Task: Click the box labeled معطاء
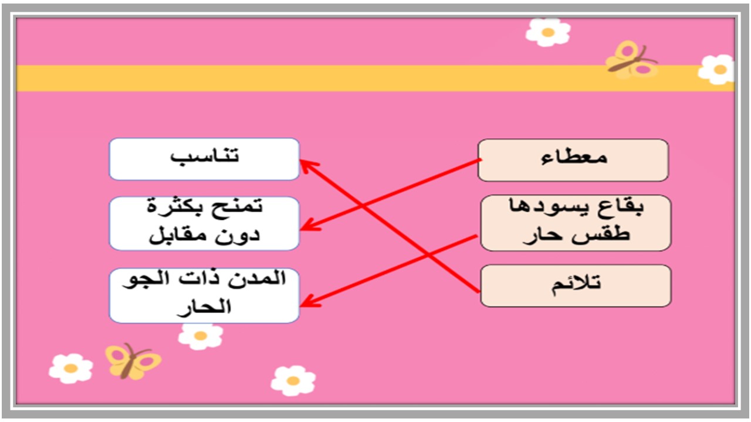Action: coord(573,159)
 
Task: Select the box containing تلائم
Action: coord(576,285)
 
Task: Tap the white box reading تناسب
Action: coord(204,159)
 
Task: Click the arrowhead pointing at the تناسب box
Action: coord(306,165)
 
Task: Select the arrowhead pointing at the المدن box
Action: coord(307,302)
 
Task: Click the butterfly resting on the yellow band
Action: coord(631,60)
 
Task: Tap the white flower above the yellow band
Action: coord(548,32)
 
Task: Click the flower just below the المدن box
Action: coord(201,335)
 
